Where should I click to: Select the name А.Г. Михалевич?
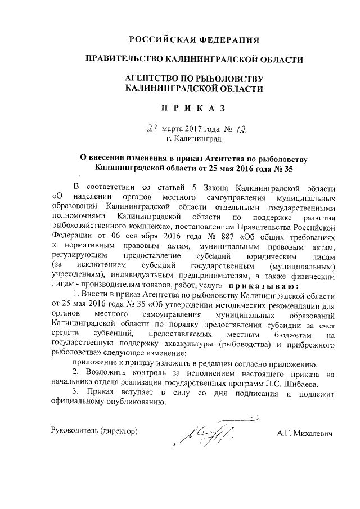click(306, 433)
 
